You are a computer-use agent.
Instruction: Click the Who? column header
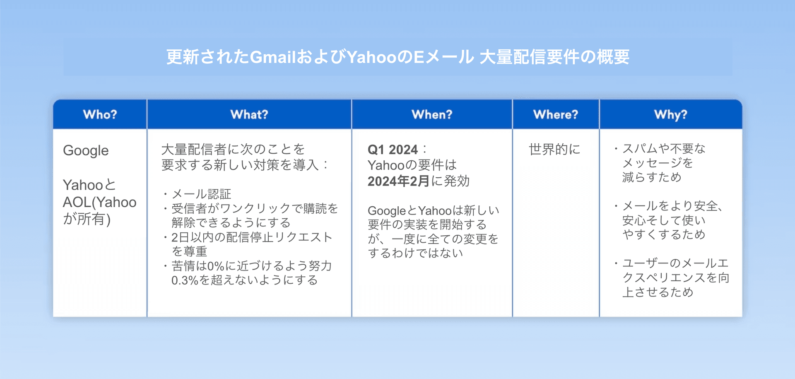pyautogui.click(x=100, y=114)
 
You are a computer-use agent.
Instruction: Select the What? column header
pyautogui.click(x=249, y=114)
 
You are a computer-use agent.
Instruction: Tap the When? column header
pyautogui.click(x=432, y=114)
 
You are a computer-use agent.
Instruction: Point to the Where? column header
pyautogui.click(x=556, y=114)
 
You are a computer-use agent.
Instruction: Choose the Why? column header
pyautogui.click(x=671, y=115)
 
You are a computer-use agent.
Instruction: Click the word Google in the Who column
pyautogui.click(x=86, y=151)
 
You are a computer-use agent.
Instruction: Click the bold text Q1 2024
pyautogui.click(x=393, y=150)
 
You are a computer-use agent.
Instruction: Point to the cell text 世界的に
pyautogui.click(x=554, y=149)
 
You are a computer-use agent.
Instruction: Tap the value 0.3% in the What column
pyautogui.click(x=185, y=280)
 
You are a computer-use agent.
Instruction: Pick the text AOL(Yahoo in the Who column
pyautogui.click(x=99, y=203)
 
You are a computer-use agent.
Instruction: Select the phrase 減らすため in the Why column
pyautogui.click(x=652, y=177)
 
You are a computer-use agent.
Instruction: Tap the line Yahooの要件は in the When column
pyautogui.click(x=412, y=165)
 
